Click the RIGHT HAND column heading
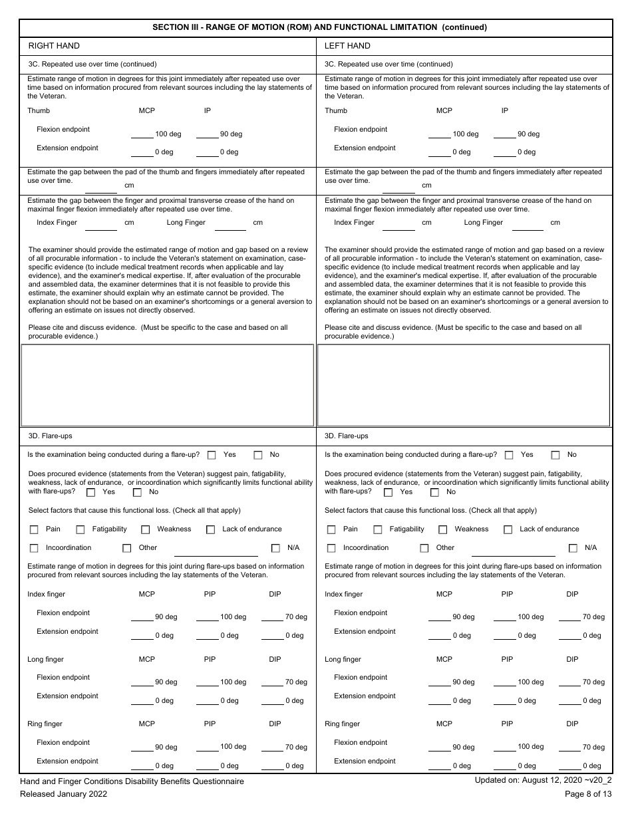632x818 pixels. click(x=54, y=46)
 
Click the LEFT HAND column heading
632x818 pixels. click(x=347, y=46)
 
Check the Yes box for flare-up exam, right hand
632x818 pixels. click(x=212, y=455)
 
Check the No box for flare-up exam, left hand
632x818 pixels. click(x=555, y=455)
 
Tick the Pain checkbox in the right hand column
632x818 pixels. click(x=34, y=529)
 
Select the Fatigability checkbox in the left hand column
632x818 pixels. click(x=378, y=529)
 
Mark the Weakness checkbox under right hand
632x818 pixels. click(x=145, y=529)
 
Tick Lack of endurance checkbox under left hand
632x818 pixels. click(x=508, y=529)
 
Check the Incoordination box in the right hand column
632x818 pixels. click(x=34, y=548)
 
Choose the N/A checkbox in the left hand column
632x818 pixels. click(x=573, y=548)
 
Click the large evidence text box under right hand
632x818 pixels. click(x=167, y=385)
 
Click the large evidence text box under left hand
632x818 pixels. click(x=464, y=385)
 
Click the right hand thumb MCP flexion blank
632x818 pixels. click(x=142, y=134)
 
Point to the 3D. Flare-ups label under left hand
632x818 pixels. click(x=346, y=436)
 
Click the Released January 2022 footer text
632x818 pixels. click(x=63, y=793)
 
